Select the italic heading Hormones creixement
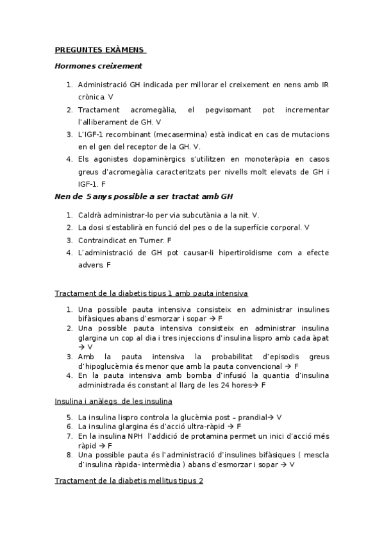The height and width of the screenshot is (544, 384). [x=98, y=65]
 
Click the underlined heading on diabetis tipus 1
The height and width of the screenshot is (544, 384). [x=151, y=293]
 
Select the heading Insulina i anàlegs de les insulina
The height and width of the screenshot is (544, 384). [x=113, y=402]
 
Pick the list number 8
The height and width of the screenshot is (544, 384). [x=69, y=455]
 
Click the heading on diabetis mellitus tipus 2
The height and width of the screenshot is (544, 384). [x=129, y=480]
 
